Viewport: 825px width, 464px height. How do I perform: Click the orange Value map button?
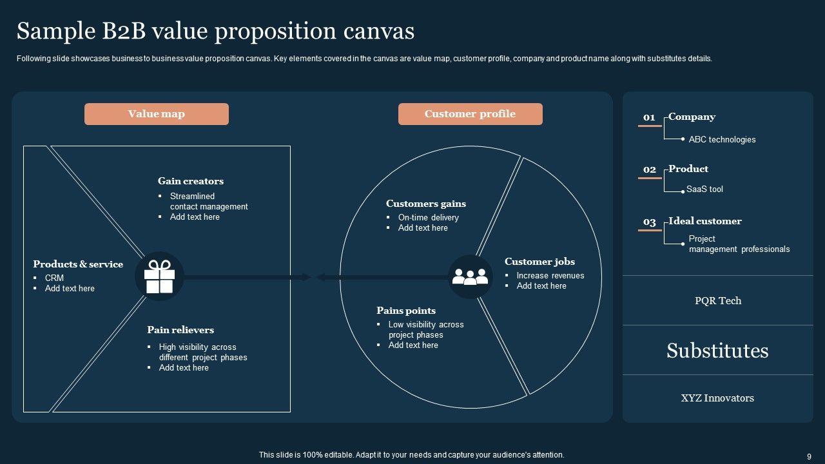coord(157,114)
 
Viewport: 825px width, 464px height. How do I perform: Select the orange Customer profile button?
coord(470,114)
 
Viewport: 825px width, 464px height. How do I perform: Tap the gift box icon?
coord(159,276)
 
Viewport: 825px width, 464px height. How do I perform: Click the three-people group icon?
coord(470,276)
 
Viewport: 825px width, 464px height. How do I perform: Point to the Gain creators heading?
coord(191,181)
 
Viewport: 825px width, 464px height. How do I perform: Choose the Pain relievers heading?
coord(180,330)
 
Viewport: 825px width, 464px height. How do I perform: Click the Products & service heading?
coord(78,264)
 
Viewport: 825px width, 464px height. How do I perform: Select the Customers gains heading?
coord(426,204)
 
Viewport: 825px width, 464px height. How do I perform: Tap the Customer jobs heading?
coord(539,262)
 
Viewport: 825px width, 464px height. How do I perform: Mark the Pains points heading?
coord(406,311)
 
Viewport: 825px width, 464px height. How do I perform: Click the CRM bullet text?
coord(54,278)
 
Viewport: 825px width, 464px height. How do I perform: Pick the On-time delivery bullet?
coord(429,218)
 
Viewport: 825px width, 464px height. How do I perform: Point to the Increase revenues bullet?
coord(550,276)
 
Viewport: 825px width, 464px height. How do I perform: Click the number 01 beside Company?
coord(649,117)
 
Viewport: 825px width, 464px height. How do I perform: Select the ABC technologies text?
coord(722,140)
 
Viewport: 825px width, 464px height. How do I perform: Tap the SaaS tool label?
coord(704,189)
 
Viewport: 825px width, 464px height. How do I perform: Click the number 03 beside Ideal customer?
coord(649,222)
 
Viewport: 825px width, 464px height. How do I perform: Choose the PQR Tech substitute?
coord(718,301)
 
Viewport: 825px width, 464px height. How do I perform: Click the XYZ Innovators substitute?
coord(717,398)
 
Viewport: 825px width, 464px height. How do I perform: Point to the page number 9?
coord(809,456)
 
